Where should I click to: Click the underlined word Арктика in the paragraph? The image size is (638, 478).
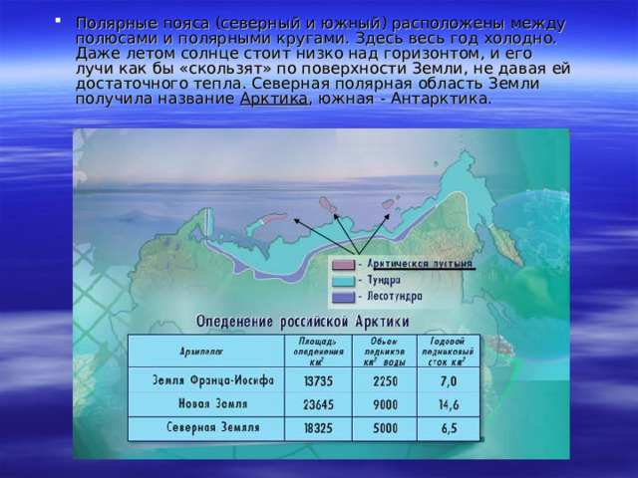pyautogui.click(x=275, y=100)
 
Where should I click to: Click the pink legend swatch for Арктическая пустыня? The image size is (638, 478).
pyautogui.click(x=342, y=265)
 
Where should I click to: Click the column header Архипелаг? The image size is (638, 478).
pyautogui.click(x=202, y=351)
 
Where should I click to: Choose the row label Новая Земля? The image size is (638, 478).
pyautogui.click(x=213, y=404)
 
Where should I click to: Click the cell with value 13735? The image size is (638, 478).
pyautogui.click(x=318, y=380)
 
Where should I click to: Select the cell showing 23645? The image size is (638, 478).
pyautogui.click(x=318, y=404)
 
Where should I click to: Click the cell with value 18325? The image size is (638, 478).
pyautogui.click(x=318, y=428)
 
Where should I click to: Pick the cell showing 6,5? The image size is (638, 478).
pyautogui.click(x=449, y=428)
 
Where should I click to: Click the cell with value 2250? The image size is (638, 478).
pyautogui.click(x=385, y=380)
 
